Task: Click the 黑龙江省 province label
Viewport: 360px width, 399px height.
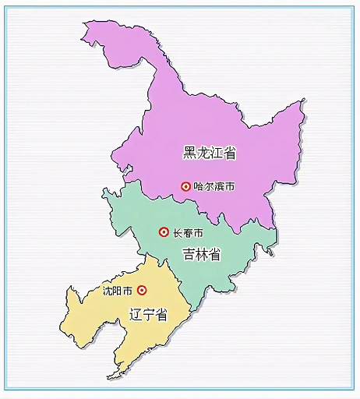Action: point(210,153)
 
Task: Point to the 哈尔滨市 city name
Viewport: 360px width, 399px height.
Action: point(214,187)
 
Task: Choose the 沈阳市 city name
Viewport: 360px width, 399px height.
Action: point(119,291)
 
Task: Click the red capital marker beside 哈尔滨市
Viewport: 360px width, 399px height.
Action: point(185,186)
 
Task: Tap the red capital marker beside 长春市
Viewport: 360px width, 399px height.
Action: point(164,231)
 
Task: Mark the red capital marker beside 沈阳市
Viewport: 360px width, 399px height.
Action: point(142,290)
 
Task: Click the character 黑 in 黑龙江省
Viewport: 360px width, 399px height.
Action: point(190,153)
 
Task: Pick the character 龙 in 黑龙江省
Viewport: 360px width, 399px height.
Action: point(203,153)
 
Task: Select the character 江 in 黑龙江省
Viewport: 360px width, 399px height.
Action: point(217,153)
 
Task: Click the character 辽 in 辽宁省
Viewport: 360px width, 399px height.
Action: point(134,315)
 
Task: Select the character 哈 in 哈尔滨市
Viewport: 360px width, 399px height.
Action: point(199,187)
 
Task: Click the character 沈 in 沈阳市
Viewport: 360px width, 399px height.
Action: point(108,291)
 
